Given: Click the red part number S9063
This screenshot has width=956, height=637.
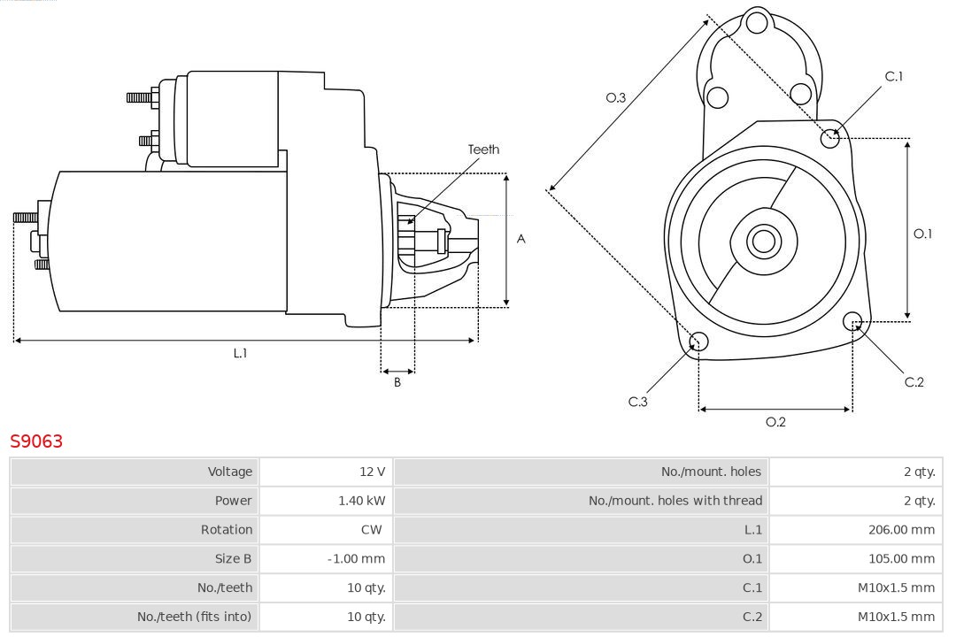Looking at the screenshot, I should tap(36, 441).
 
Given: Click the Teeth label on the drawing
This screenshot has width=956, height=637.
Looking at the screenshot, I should tap(483, 150).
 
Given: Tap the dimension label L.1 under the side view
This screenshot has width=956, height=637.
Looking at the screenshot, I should tap(240, 353).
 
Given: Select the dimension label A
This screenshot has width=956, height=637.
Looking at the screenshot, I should tap(521, 239).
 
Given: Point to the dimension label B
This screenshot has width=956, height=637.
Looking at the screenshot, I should tap(397, 382).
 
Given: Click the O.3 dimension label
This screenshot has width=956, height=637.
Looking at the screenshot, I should tap(616, 98).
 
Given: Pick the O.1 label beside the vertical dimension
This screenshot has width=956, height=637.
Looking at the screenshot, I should tap(922, 234).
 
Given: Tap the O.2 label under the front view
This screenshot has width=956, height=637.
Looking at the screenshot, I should tap(775, 422).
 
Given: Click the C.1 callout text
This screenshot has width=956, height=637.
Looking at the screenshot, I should tap(894, 76).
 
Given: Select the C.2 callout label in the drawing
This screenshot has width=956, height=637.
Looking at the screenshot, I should tap(914, 382).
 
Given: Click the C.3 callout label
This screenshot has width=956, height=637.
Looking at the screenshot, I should tap(638, 402).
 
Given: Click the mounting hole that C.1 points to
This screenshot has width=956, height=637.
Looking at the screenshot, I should tap(830, 138).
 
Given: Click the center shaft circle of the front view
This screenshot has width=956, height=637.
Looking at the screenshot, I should tap(762, 241).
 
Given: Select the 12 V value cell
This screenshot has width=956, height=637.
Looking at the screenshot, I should tap(373, 472).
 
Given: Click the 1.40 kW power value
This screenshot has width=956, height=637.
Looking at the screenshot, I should tap(362, 501).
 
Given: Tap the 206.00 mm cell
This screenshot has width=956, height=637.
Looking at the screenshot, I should tap(901, 529).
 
